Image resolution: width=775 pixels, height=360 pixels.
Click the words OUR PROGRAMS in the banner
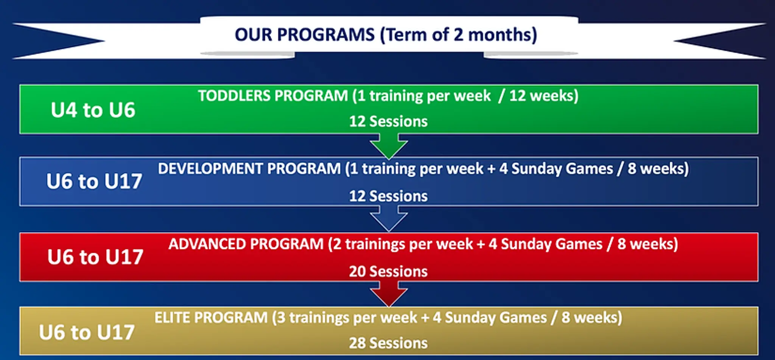click(x=304, y=35)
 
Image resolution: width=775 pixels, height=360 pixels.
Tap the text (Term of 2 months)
click(x=458, y=35)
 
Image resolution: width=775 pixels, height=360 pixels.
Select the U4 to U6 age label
click(x=93, y=110)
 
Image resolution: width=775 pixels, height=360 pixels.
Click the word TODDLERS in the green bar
click(x=235, y=96)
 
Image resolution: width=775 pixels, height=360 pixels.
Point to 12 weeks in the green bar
click(x=543, y=96)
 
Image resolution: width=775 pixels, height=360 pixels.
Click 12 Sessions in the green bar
click(x=388, y=122)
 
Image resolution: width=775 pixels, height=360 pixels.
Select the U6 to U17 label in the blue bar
click(x=94, y=181)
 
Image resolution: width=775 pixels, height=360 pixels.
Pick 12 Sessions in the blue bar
click(x=388, y=196)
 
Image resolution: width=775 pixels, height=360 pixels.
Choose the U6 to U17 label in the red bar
click(x=95, y=257)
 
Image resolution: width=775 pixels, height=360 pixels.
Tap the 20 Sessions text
click(x=388, y=271)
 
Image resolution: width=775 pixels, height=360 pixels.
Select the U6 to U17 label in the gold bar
click(x=87, y=332)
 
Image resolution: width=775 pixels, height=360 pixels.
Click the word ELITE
click(x=172, y=318)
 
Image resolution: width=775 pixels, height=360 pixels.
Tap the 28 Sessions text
click(x=388, y=343)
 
